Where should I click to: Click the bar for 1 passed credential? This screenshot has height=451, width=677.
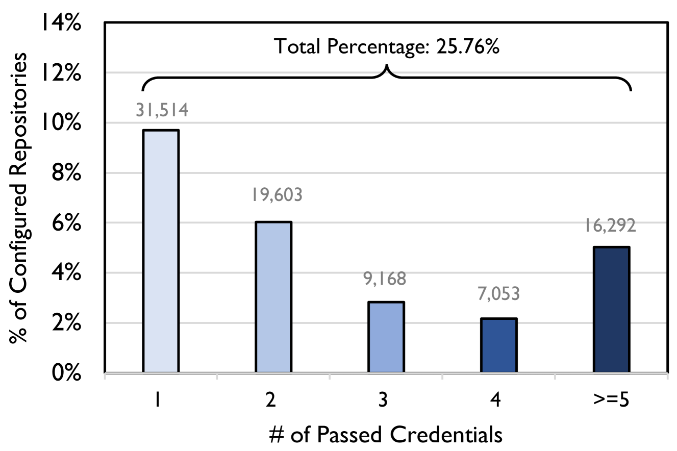[x=161, y=251]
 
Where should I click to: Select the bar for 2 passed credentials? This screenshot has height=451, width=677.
[x=273, y=297]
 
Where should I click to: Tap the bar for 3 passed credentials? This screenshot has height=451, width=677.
[x=386, y=337]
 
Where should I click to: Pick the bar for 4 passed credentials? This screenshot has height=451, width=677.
[x=498, y=345]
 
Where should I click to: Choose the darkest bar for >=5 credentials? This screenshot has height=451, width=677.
[x=611, y=310]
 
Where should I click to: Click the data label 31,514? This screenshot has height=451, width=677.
[x=162, y=110]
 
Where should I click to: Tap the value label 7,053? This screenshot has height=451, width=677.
[x=498, y=295]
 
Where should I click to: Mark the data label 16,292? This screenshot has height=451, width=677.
[x=611, y=225]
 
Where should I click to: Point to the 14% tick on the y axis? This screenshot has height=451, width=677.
[x=62, y=23]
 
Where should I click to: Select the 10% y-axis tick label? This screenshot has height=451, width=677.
[x=62, y=123]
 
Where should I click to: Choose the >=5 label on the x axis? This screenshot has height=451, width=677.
[x=611, y=400]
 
